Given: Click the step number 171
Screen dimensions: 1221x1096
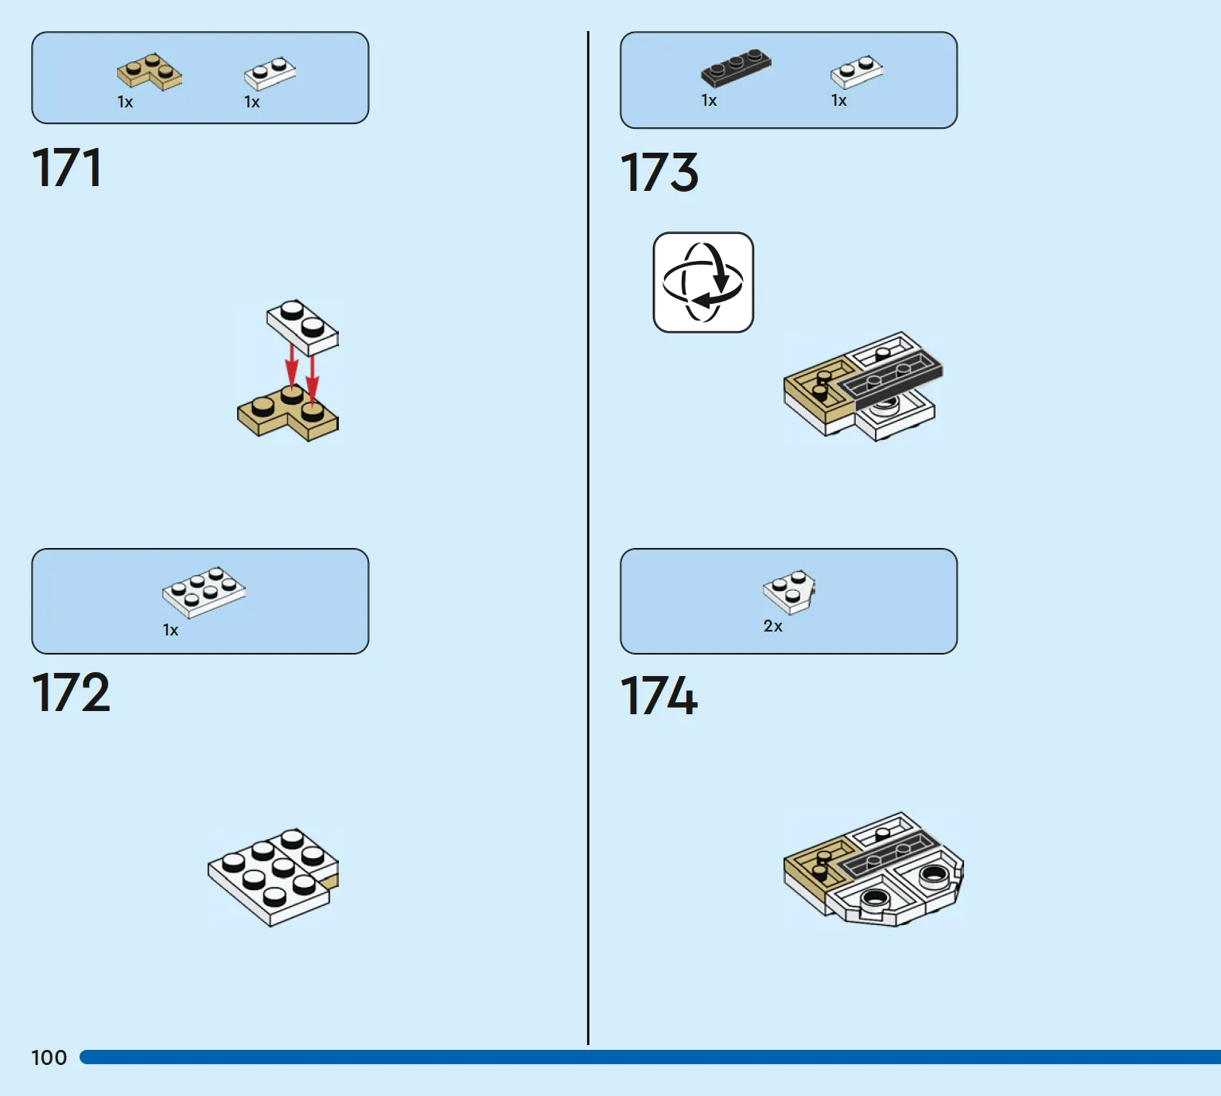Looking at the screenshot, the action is [67, 168].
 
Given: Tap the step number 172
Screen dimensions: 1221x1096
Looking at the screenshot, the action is [71, 692].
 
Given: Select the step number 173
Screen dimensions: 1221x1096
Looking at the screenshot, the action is [659, 173].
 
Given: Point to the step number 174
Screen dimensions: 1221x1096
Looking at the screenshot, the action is [659, 696].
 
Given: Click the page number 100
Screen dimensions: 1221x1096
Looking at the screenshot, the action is [49, 1057].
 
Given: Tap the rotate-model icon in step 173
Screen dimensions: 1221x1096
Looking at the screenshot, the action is [703, 282].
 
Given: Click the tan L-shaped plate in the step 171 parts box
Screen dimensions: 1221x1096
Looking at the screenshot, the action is [150, 72].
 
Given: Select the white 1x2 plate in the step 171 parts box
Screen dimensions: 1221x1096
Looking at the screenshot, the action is [270, 73].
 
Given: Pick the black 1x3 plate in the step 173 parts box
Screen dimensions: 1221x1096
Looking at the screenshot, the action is [736, 67].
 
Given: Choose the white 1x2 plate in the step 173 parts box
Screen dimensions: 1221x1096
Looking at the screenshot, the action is [857, 72].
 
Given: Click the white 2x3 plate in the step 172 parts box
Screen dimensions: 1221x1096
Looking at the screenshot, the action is [204, 593].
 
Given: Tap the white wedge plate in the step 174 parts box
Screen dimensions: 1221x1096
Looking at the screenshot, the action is [789, 592].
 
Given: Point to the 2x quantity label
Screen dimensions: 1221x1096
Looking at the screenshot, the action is [772, 626].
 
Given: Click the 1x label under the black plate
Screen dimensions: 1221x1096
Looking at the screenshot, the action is [709, 100].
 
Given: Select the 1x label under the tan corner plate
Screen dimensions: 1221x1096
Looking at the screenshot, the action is [125, 102].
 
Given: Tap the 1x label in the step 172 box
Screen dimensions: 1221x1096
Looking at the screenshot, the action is [170, 630].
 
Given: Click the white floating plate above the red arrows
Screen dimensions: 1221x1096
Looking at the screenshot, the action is [302, 327].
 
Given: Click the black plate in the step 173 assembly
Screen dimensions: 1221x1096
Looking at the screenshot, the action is [892, 380].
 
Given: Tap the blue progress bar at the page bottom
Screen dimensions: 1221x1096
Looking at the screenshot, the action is [651, 1057].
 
